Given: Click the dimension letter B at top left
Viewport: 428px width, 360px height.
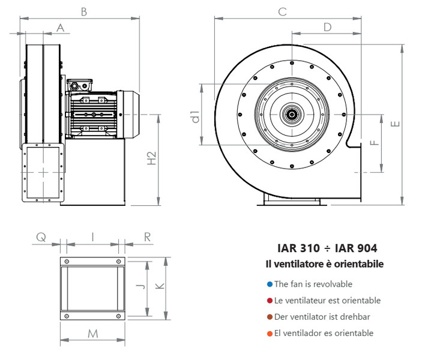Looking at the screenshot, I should coord(84,11).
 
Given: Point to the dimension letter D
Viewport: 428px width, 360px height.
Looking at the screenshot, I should coord(327,27).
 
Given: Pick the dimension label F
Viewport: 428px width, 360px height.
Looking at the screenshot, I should coord(373,142).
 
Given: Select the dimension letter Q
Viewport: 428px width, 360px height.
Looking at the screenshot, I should coord(41,237).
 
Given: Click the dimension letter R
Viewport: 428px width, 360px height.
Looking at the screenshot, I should coord(147,237).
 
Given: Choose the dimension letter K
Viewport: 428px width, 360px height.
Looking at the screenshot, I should coord(160,287).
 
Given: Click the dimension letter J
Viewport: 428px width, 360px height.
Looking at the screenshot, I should coord(139,287).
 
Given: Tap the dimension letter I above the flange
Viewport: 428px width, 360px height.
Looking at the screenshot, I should coord(92,237).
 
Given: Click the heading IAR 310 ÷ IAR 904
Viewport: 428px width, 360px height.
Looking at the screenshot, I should coord(327,248).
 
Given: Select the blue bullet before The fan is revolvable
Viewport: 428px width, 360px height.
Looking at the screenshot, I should coord(270,284).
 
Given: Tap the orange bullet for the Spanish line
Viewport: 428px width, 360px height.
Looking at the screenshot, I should coord(270,333).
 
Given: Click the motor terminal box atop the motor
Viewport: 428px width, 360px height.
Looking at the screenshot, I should coord(80,85).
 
